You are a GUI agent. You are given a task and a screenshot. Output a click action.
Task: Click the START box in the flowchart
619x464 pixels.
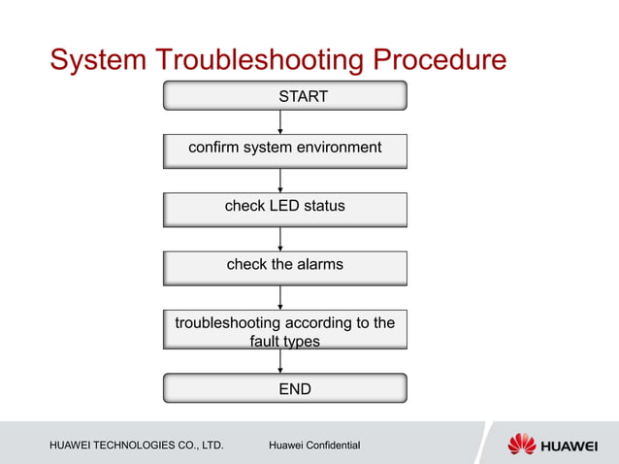(x=284, y=96)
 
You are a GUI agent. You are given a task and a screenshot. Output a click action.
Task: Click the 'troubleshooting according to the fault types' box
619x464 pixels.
(x=284, y=330)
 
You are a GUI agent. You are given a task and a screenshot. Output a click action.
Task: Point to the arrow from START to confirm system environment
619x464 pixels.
(x=280, y=121)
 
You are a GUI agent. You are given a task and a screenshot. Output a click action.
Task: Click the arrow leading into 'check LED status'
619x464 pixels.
(x=280, y=181)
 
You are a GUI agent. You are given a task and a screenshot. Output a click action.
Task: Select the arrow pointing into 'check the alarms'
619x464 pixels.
(x=280, y=239)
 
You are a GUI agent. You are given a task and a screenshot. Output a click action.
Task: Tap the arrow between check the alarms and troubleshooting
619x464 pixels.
(x=280, y=298)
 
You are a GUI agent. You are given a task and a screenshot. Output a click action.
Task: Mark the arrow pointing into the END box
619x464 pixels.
(x=280, y=360)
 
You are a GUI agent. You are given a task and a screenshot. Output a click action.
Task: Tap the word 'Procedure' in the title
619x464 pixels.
(x=438, y=60)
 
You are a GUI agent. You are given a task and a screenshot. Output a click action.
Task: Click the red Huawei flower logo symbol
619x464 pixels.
(x=522, y=444)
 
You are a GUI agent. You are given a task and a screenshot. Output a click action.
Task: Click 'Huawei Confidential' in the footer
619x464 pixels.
(x=314, y=446)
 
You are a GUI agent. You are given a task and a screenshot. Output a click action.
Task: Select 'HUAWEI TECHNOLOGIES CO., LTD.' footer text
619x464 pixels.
(x=137, y=446)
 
